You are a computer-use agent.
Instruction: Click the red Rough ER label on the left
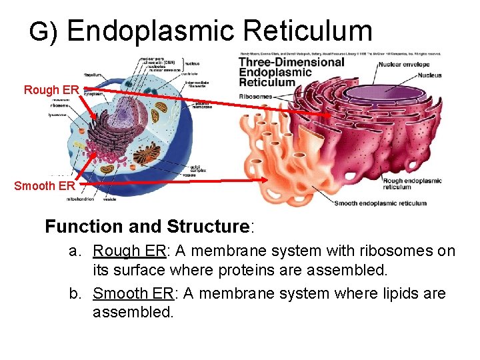(x=51, y=89)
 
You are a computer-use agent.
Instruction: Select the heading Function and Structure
(x=147, y=227)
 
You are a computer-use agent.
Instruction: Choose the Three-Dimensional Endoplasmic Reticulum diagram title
(x=291, y=72)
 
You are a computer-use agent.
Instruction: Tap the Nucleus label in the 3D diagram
(x=426, y=75)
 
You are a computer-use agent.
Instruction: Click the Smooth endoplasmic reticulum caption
(x=380, y=203)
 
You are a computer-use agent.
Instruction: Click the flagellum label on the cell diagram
(x=92, y=75)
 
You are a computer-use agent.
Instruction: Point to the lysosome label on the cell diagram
(x=58, y=114)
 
